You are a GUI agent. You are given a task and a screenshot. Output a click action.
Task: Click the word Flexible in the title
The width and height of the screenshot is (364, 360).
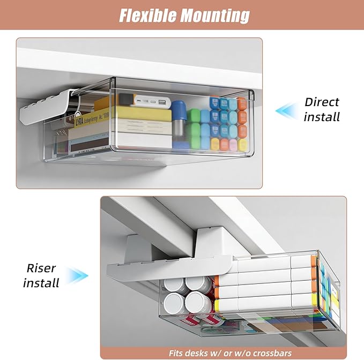(x=147, y=16)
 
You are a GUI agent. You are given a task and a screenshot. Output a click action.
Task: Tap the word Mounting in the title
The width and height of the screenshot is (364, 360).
(x=215, y=16)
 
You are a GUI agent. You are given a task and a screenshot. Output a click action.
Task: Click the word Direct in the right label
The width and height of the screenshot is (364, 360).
(x=322, y=102)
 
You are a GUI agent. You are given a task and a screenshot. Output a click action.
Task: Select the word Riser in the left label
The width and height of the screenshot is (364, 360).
(x=41, y=268)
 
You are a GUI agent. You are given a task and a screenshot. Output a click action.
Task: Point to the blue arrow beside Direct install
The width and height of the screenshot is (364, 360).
(x=286, y=111)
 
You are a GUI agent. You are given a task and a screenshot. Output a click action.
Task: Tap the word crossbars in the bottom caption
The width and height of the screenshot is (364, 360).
(x=272, y=353)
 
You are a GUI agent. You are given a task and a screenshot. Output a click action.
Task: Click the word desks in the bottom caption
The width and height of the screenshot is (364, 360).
(x=196, y=353)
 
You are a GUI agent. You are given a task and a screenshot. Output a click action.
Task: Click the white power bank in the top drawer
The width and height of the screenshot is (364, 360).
(x=151, y=102)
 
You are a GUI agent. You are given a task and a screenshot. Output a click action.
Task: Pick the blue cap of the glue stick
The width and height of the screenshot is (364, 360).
(x=179, y=110)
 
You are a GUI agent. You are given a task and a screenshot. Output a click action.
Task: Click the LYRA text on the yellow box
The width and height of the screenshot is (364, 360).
(x=79, y=121)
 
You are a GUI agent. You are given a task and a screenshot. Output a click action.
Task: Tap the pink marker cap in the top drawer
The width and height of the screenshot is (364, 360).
(x=233, y=145)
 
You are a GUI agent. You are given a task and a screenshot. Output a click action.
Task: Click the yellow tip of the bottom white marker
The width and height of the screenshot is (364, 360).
(x=217, y=304)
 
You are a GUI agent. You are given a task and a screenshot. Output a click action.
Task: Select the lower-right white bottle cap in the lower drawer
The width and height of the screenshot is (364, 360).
(x=197, y=302)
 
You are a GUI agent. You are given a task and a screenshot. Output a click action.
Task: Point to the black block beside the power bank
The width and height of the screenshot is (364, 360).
(x=125, y=99)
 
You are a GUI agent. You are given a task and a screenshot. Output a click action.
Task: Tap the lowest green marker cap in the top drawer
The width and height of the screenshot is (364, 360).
(x=193, y=142)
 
